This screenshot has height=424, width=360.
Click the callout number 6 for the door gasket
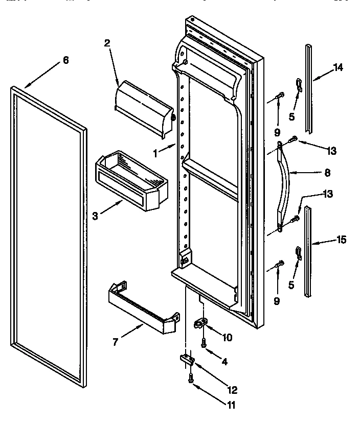[65, 60]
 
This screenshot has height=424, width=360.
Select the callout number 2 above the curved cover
[107, 43]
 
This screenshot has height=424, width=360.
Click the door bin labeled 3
[131, 179]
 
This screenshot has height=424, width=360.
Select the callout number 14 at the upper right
[338, 66]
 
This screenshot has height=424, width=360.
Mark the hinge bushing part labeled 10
[203, 324]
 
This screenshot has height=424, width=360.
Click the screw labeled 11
[191, 380]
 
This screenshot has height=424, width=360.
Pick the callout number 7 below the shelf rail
[116, 342]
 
